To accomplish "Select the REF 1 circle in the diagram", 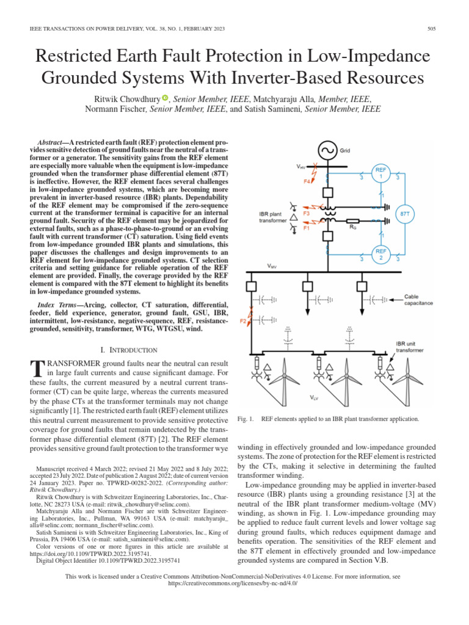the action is tap(381, 173).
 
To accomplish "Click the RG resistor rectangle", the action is tap(352, 222).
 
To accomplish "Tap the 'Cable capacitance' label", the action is tap(418, 300).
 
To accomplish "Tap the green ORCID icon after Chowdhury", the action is tap(164, 97).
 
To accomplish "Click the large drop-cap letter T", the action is tap(37, 368).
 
